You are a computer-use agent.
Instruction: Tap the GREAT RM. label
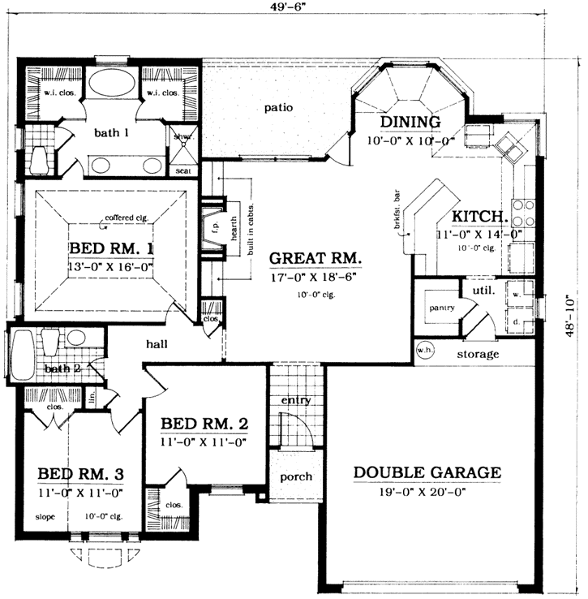[315, 259]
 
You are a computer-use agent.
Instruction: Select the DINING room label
[410, 123]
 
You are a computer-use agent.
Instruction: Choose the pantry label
[440, 308]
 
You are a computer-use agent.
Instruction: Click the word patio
[278, 107]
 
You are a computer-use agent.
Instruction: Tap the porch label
[296, 476]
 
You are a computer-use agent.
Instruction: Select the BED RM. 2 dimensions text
[204, 442]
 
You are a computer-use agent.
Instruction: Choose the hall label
[157, 344]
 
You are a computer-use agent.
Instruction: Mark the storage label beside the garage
[477, 354]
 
